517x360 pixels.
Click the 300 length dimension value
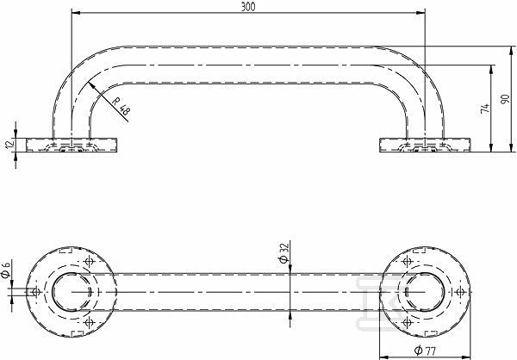coord(248,7)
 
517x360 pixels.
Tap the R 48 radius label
coord(121,106)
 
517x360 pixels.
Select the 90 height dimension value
coord(505,99)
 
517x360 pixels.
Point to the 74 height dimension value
coord(484,109)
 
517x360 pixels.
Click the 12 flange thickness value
coord(9,144)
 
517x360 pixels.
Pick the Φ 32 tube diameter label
coord(283,252)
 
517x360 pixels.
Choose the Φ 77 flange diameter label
coord(426,351)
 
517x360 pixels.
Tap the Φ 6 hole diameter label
coord(6,269)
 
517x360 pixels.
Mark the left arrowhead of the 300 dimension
coord(76,13)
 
